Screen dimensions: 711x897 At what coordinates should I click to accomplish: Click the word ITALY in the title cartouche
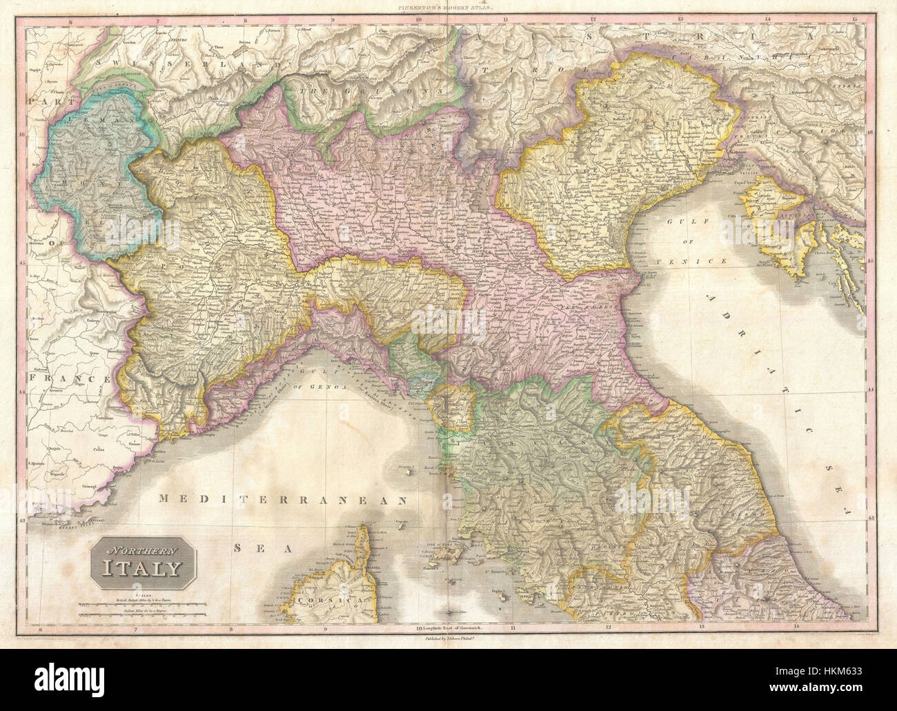pyautogui.click(x=144, y=569)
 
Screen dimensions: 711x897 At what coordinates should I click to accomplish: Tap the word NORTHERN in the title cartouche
pyautogui.click(x=142, y=550)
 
